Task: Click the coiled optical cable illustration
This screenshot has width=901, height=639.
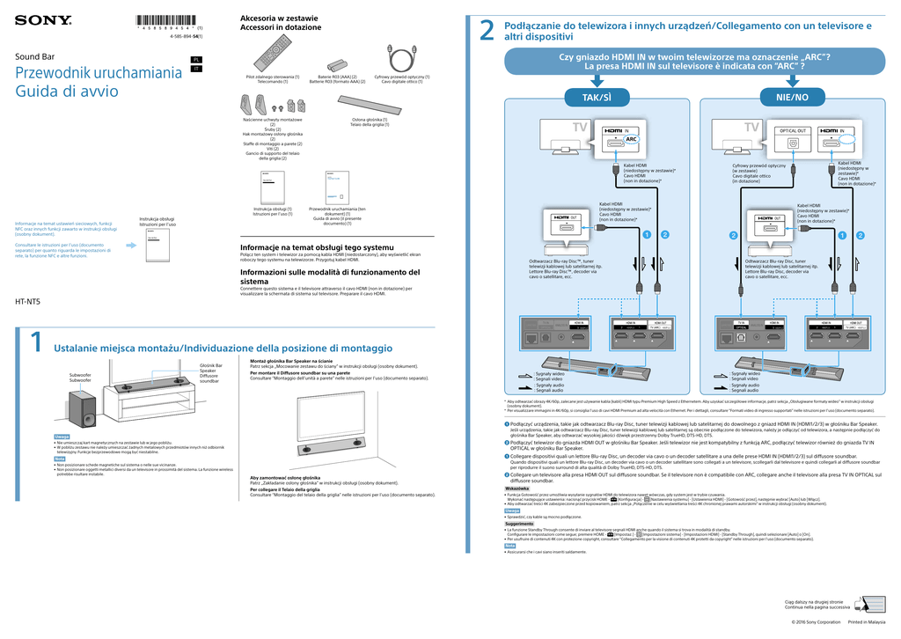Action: pyautogui.click(x=402, y=59)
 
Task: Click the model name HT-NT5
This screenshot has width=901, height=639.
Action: pyautogui.click(x=28, y=302)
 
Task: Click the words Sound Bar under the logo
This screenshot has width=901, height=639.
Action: pyautogui.click(x=34, y=56)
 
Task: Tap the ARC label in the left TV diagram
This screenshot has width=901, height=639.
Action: pyautogui.click(x=630, y=139)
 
